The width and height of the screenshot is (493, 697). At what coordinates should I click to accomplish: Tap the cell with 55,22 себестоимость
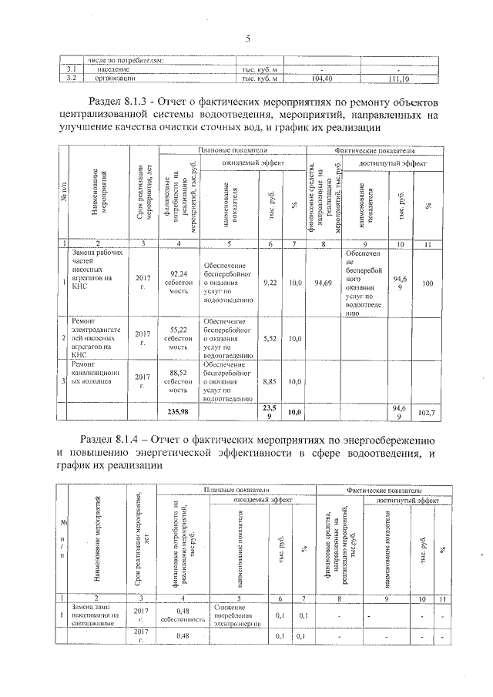[178, 338]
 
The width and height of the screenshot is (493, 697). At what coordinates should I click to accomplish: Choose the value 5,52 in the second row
[270, 338]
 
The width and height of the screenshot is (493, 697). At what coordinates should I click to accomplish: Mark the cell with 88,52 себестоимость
[178, 380]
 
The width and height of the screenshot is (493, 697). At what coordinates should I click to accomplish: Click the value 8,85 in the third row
[270, 380]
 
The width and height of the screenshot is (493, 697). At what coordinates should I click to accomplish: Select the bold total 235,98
[178, 412]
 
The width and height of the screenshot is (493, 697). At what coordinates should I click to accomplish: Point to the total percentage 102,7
[427, 413]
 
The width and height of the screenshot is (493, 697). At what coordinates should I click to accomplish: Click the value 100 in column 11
[427, 283]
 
